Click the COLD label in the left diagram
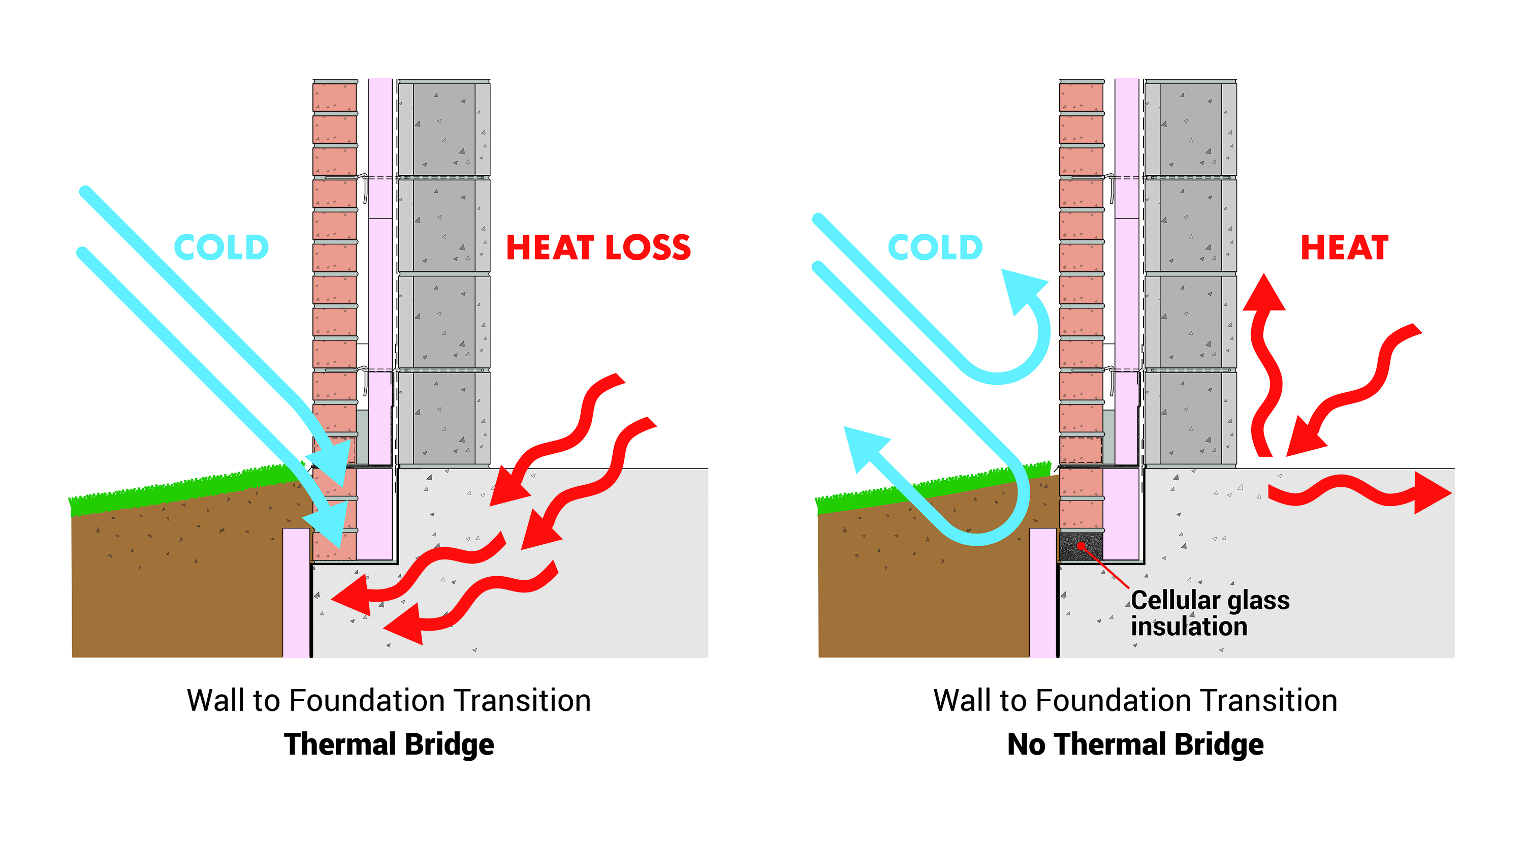click(221, 247)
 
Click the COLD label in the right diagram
click(935, 247)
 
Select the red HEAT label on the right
click(1344, 247)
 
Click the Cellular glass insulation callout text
click(1210, 613)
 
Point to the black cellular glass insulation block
click(1081, 546)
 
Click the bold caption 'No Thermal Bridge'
click(1135, 744)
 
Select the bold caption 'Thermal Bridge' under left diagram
click(389, 744)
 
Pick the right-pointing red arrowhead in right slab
click(1432, 492)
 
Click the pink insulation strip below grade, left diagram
click(296, 593)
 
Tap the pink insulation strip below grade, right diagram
click(1042, 593)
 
